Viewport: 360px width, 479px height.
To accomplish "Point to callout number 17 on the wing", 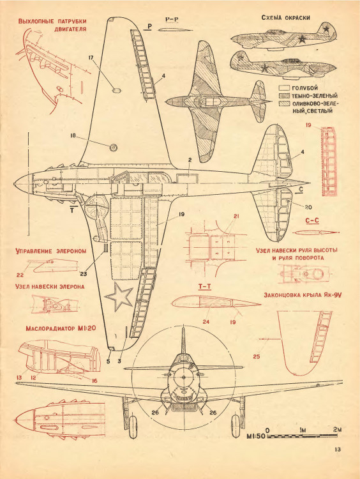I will [91, 57].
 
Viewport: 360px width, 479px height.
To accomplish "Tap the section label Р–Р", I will [171, 20].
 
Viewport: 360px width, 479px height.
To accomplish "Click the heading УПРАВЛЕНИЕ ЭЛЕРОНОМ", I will [50, 252].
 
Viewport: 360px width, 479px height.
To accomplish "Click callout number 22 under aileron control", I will [20, 275].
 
